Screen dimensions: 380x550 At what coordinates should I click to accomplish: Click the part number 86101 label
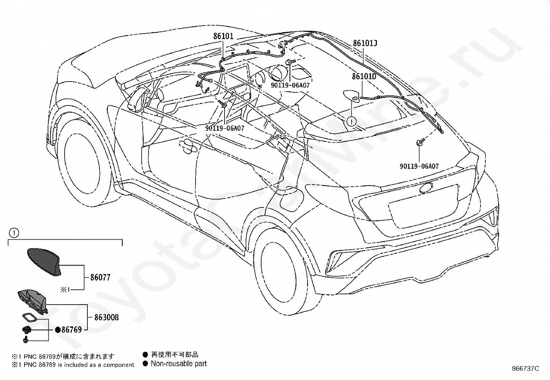223,36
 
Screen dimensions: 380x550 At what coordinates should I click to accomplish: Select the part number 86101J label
365,44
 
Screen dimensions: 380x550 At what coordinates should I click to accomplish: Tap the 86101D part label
364,76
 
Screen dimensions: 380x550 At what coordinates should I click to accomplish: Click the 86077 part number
100,277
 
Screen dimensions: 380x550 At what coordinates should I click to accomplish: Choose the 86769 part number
72,330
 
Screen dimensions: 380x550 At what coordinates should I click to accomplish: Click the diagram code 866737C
525,369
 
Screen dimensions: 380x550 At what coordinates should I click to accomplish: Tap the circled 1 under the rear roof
351,122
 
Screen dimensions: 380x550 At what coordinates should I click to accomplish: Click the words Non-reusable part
179,363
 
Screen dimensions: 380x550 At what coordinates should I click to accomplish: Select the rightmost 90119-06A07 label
419,166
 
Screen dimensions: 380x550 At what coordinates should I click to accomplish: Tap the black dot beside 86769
58,330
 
